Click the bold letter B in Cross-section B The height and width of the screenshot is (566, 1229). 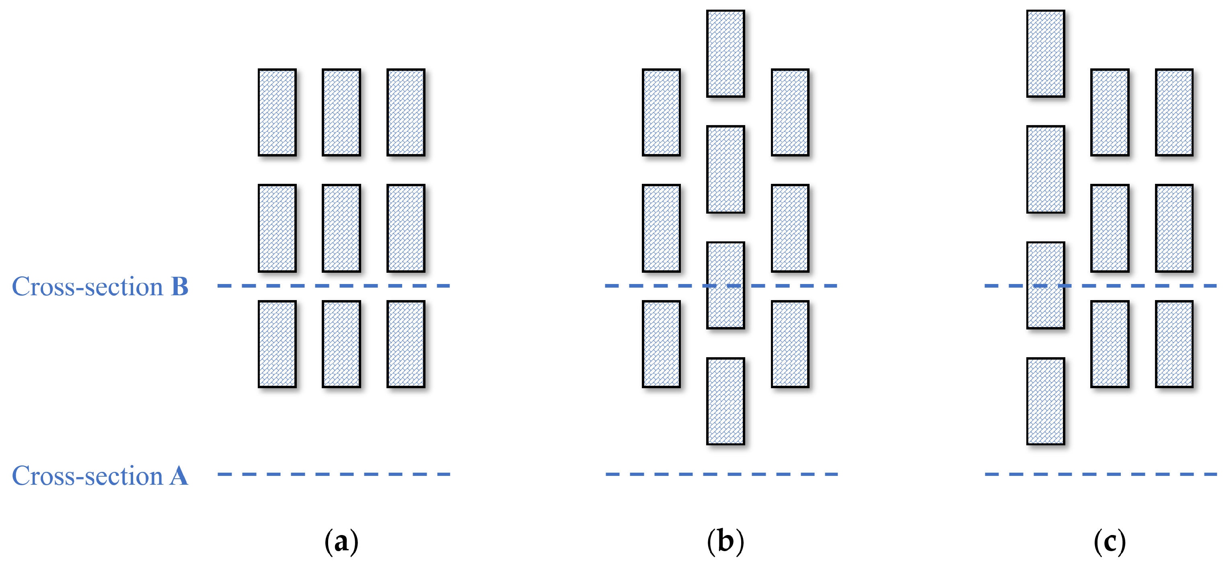coord(180,287)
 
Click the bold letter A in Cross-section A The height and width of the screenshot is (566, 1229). coord(179,476)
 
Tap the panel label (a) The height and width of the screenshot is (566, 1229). coord(341,541)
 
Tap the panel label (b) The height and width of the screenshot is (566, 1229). coord(725,541)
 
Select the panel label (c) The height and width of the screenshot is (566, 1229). coord(1109,541)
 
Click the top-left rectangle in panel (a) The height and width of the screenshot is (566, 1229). coord(277,112)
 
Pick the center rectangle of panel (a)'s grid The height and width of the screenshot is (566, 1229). coord(341,228)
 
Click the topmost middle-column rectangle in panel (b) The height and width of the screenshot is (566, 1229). coord(725,54)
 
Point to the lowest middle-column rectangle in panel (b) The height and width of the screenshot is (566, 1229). coord(725,401)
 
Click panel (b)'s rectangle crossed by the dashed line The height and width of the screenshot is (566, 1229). coord(725,305)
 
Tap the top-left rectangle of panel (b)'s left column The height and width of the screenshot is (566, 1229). coord(661,112)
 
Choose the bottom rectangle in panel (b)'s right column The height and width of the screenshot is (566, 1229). coord(790,344)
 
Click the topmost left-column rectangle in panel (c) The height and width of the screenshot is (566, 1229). coord(1045,54)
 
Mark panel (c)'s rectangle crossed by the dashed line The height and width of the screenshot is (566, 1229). coord(1045,305)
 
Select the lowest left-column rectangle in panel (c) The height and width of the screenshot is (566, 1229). coord(1045,401)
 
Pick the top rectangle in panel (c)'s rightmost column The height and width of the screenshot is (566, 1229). coord(1174,112)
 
